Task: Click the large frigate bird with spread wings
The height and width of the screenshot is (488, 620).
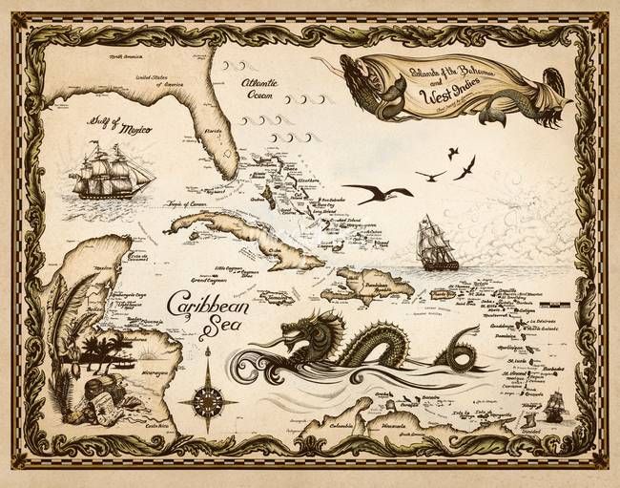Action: point(378,194)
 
